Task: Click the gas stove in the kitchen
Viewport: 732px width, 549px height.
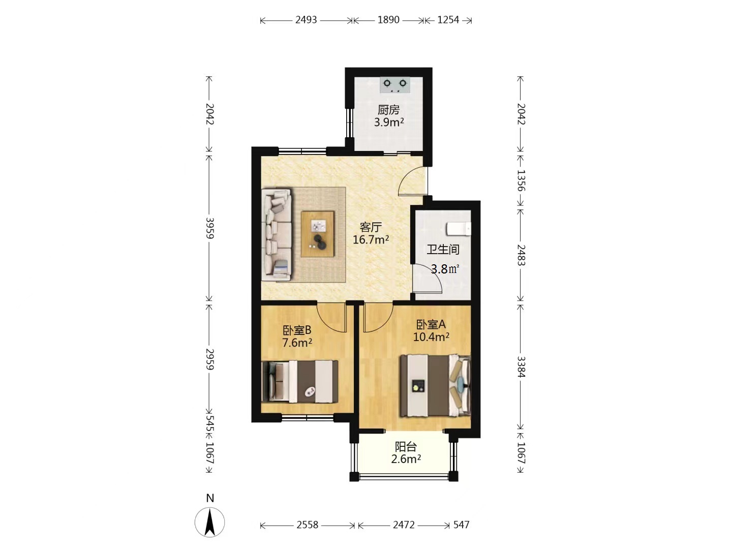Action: coord(395,85)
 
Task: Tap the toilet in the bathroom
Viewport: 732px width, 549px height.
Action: coord(459,229)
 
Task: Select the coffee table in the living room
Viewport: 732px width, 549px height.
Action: coord(318,234)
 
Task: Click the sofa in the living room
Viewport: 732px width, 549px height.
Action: coord(277,235)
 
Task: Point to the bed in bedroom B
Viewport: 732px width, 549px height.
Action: coord(300,381)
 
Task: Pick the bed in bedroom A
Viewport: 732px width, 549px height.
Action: coord(436,386)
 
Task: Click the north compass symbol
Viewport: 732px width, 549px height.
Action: coord(210,522)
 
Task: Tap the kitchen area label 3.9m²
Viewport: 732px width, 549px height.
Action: coord(389,123)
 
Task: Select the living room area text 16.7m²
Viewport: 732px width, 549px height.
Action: coord(371,239)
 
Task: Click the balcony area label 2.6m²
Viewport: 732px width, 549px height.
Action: coord(406,459)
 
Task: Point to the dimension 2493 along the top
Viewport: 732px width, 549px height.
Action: coord(306,20)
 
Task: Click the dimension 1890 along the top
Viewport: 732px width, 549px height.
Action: coord(388,20)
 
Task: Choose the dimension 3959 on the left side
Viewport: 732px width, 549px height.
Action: coord(209,228)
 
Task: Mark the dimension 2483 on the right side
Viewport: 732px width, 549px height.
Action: coord(521,255)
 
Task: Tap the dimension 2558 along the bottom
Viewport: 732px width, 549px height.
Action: coord(308,525)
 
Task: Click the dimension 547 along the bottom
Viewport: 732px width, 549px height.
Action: coord(461,525)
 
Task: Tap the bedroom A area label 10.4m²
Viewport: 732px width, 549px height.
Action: coord(431,337)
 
